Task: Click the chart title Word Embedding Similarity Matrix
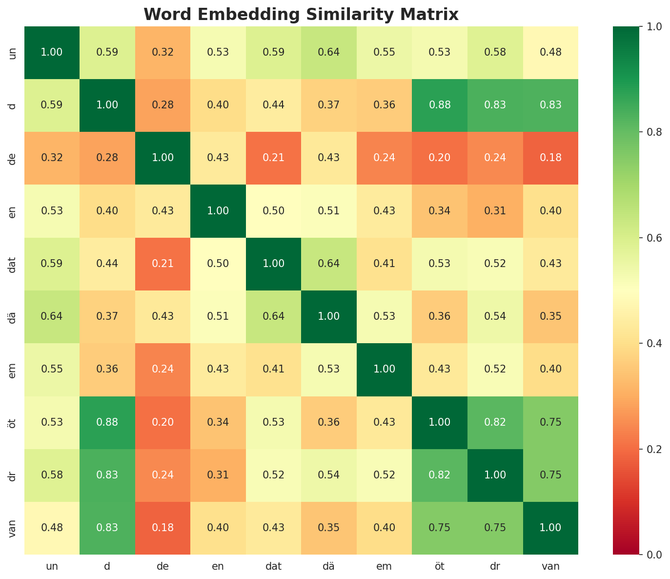(x=301, y=15)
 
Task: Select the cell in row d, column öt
(x=440, y=105)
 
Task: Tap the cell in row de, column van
(x=550, y=158)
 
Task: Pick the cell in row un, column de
(x=162, y=52)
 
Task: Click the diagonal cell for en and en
(x=218, y=211)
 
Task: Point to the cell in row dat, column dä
(x=329, y=264)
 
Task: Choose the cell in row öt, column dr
(x=495, y=422)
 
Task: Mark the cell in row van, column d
(x=107, y=528)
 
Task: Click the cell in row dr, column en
(x=218, y=475)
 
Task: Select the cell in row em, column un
(x=52, y=370)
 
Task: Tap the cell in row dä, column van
(x=550, y=316)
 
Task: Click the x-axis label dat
(x=273, y=567)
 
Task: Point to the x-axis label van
(x=550, y=567)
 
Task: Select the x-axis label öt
(x=440, y=567)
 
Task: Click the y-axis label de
(x=13, y=158)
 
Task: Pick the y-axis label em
(x=13, y=370)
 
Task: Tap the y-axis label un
(x=13, y=52)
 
